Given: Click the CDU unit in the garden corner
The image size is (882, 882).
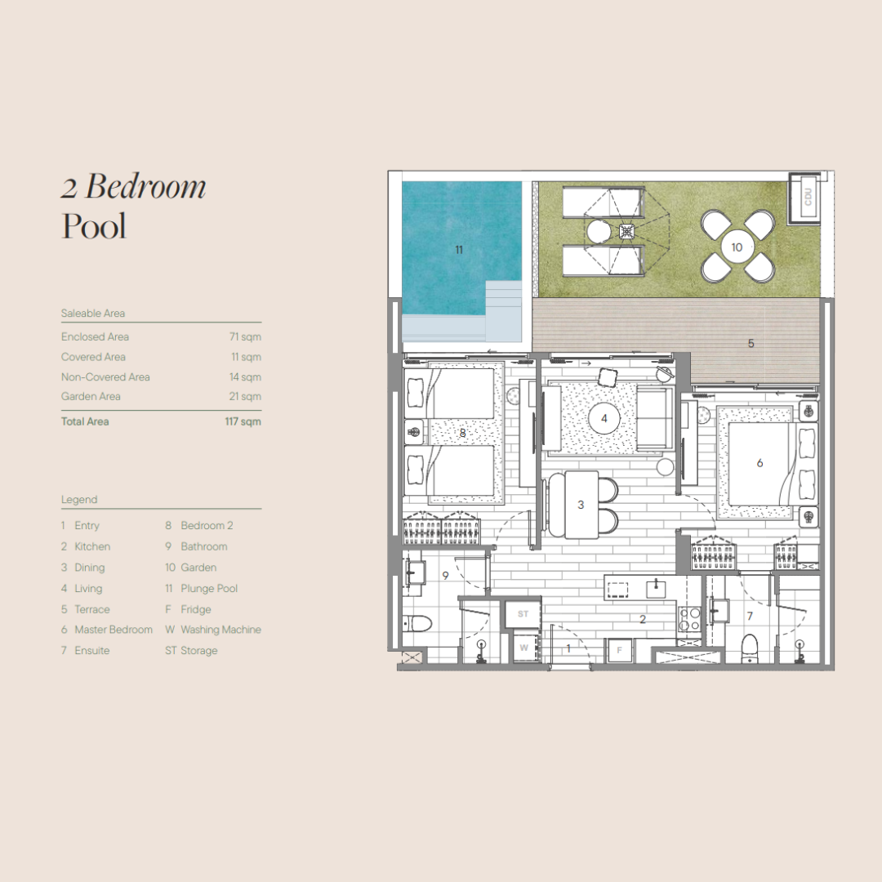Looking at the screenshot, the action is point(805,197).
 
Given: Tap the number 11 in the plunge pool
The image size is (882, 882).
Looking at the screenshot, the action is point(459,250).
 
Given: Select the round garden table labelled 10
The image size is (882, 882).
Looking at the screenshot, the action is point(737,247).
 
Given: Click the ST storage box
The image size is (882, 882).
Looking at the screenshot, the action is point(523,613).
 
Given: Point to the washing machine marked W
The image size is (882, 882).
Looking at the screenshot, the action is point(523,648).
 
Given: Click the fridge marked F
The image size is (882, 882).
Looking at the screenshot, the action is point(619,650).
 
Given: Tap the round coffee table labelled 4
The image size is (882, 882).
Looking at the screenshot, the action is point(604,418).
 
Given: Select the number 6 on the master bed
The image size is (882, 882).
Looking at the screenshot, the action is point(759,463).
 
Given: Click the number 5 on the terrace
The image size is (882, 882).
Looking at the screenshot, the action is point(751,343).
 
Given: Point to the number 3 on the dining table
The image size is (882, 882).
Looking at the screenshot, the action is point(581,506).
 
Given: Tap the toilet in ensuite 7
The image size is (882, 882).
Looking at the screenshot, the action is point(750,648).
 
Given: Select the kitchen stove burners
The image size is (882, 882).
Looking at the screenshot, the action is point(689,619).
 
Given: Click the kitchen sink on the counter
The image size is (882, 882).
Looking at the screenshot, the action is point(656,588).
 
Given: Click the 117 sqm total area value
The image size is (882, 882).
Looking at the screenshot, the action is point(243,421).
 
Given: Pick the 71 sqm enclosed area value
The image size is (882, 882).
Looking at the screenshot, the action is point(245,337).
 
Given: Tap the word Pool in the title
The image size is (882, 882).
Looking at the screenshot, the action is point(94,225).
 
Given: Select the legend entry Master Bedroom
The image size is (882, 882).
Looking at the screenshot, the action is point(114,630).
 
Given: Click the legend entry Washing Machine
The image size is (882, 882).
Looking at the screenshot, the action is point(220,630).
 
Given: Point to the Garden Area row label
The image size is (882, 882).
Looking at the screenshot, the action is point(91,396).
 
